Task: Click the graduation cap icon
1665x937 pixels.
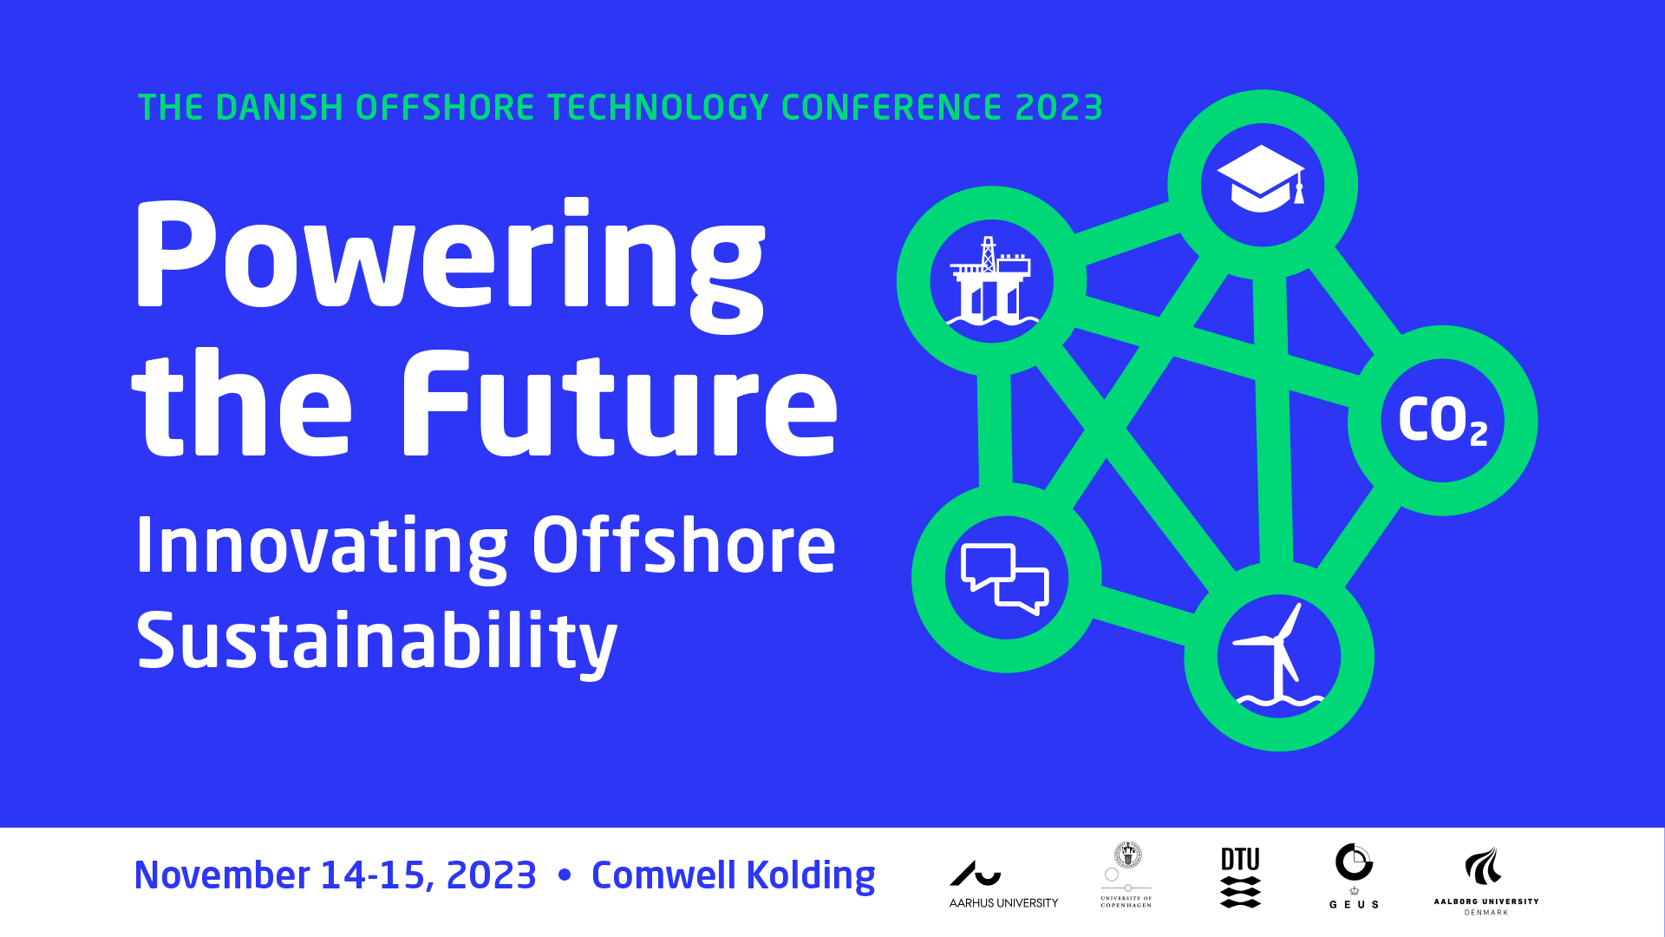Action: click(1261, 179)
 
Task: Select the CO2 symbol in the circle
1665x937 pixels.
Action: click(1443, 421)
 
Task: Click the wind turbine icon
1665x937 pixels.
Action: click(1278, 654)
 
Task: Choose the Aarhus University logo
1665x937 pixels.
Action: click(1003, 884)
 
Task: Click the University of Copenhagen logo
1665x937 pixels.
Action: click(1126, 875)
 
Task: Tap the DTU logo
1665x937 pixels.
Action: click(1240, 877)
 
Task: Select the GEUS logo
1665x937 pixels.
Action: click(1354, 875)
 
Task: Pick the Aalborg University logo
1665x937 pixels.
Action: click(1486, 881)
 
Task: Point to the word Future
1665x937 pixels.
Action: click(619, 403)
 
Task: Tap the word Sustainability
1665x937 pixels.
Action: click(376, 642)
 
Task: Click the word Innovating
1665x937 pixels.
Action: click(322, 547)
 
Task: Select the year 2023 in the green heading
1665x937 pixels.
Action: click(1059, 108)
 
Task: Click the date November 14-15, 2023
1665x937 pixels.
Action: click(336, 875)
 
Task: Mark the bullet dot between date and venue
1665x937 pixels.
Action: click(565, 875)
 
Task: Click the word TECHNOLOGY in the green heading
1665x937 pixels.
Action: click(658, 108)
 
